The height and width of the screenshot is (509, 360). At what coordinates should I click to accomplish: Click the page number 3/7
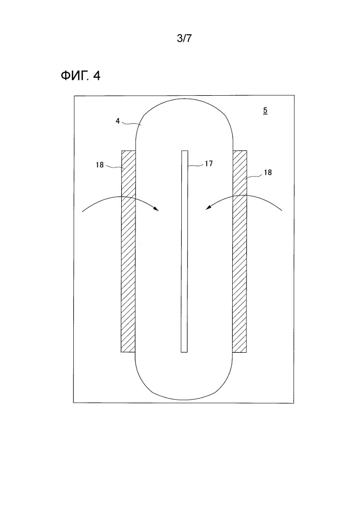(x=184, y=38)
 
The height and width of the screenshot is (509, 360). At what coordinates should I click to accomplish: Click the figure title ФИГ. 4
(x=80, y=76)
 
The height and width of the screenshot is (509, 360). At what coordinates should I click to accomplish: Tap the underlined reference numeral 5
(x=265, y=110)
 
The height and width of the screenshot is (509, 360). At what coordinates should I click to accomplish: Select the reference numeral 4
(x=118, y=121)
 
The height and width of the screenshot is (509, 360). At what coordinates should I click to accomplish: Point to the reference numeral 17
(x=209, y=163)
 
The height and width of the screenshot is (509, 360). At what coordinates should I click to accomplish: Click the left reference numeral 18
(x=100, y=165)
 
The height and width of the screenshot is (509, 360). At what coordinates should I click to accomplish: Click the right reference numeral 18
(x=267, y=173)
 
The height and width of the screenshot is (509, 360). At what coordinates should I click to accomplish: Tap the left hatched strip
(x=128, y=251)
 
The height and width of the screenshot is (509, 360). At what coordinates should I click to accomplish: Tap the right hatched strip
(x=239, y=251)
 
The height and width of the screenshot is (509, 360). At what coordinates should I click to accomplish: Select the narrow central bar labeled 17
(x=184, y=251)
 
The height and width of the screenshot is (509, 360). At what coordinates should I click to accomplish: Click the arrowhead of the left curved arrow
(x=157, y=209)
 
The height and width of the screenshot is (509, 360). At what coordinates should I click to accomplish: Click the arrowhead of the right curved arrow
(x=207, y=208)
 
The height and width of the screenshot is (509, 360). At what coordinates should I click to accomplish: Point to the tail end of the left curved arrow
(x=82, y=212)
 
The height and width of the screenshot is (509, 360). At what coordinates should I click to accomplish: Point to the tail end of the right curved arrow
(x=282, y=211)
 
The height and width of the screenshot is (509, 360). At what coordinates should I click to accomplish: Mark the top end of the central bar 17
(x=184, y=151)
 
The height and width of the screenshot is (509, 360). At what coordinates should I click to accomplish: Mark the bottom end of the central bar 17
(x=184, y=352)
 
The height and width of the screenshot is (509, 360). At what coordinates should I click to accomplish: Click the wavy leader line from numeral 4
(x=131, y=123)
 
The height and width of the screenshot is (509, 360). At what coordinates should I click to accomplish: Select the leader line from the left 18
(x=114, y=166)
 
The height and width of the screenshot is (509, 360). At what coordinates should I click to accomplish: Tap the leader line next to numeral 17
(x=196, y=165)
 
